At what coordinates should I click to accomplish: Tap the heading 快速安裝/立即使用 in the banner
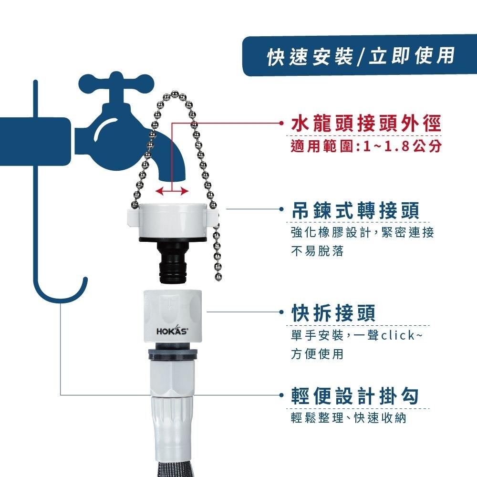361,56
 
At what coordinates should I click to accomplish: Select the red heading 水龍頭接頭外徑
366,124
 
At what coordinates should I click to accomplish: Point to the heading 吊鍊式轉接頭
355,210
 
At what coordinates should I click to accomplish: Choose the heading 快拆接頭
333,313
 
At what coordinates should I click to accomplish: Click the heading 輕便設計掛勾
355,396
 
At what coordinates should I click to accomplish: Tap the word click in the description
398,335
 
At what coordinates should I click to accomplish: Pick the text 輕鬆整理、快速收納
349,418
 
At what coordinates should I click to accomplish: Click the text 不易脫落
317,251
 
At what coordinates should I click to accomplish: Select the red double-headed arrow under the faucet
172,191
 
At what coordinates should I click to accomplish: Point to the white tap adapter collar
172,220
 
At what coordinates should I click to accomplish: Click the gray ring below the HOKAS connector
173,355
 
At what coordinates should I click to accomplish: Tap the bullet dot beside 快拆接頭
282,312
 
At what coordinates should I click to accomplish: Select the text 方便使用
317,354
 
